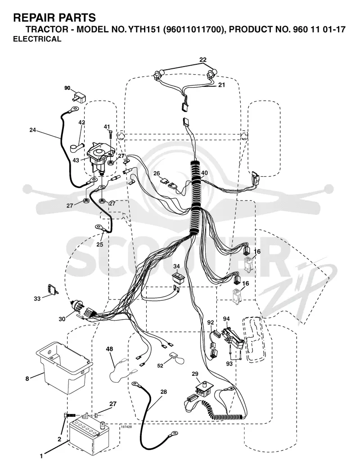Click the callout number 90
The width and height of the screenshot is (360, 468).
pyautogui.click(x=67, y=88)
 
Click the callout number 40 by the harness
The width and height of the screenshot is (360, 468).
pyautogui.click(x=204, y=173)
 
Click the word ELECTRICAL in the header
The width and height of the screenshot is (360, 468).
pyautogui.click(x=37, y=39)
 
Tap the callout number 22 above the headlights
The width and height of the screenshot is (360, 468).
pyautogui.click(x=203, y=60)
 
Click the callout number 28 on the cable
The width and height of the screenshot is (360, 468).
pyautogui.click(x=163, y=392)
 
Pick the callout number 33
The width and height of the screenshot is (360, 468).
pyautogui.click(x=37, y=299)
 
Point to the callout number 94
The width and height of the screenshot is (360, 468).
pyautogui.click(x=226, y=319)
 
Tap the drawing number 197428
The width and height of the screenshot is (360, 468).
pyautogui.click(x=126, y=427)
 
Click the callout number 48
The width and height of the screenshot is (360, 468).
pyautogui.click(x=110, y=348)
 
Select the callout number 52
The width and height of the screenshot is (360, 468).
pyautogui.click(x=161, y=365)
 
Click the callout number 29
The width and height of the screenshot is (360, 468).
pyautogui.click(x=195, y=374)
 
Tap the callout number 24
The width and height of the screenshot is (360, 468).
pyautogui.click(x=33, y=130)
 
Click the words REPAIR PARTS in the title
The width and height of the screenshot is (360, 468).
pyautogui.click(x=54, y=18)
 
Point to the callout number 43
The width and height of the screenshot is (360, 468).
pyautogui.click(x=76, y=160)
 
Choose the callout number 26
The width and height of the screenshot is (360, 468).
pyautogui.click(x=157, y=174)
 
